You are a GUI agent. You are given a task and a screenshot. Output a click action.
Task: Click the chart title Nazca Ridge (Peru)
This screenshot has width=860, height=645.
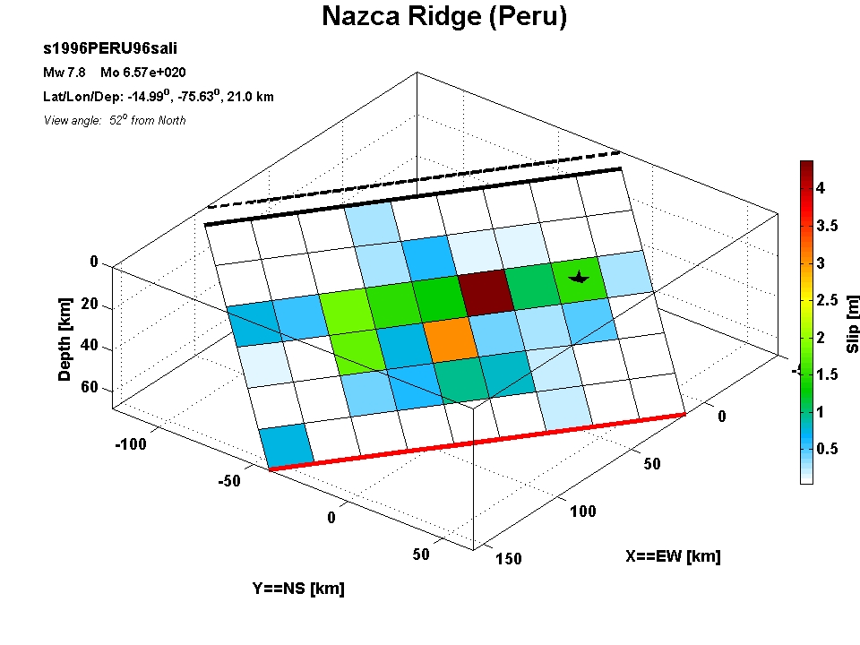click(x=444, y=16)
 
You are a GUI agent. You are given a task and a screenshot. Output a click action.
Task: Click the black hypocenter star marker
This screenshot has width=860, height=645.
click(x=580, y=277)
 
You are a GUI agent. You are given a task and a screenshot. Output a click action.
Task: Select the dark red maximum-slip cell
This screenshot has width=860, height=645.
click(x=486, y=292)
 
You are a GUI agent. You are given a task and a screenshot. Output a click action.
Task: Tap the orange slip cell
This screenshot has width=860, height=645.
click(x=451, y=340)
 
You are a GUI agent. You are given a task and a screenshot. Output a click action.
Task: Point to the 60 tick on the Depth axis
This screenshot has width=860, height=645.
click(x=89, y=387)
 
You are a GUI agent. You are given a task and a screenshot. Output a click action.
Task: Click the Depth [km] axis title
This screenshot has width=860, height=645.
click(x=64, y=340)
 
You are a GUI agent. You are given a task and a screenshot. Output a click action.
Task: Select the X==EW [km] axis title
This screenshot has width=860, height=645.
click(x=673, y=556)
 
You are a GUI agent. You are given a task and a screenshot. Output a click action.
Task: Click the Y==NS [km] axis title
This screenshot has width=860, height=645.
click(x=298, y=589)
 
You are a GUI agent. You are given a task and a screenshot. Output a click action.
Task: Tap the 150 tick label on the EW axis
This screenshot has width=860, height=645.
click(x=509, y=559)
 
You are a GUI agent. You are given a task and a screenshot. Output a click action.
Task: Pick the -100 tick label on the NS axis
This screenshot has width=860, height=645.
click(x=131, y=443)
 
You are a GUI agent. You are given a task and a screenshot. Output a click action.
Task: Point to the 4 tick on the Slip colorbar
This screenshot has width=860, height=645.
click(x=821, y=188)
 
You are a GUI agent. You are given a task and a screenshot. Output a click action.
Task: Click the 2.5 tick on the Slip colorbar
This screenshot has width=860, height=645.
click(x=827, y=300)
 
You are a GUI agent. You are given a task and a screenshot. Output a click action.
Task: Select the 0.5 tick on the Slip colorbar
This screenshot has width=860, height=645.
click(x=827, y=449)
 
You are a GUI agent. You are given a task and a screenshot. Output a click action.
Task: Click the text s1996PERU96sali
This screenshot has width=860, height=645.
click(x=109, y=48)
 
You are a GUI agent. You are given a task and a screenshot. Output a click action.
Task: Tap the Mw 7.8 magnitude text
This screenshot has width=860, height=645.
click(x=64, y=73)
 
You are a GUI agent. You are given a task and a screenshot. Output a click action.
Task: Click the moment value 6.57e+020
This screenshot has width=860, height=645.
click(x=154, y=73)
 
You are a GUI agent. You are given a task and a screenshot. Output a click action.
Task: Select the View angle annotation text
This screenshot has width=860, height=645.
click(x=115, y=120)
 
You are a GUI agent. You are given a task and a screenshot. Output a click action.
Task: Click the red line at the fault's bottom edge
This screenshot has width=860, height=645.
click(x=477, y=442)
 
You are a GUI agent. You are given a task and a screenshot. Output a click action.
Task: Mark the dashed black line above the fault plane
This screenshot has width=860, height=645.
click(x=414, y=179)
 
